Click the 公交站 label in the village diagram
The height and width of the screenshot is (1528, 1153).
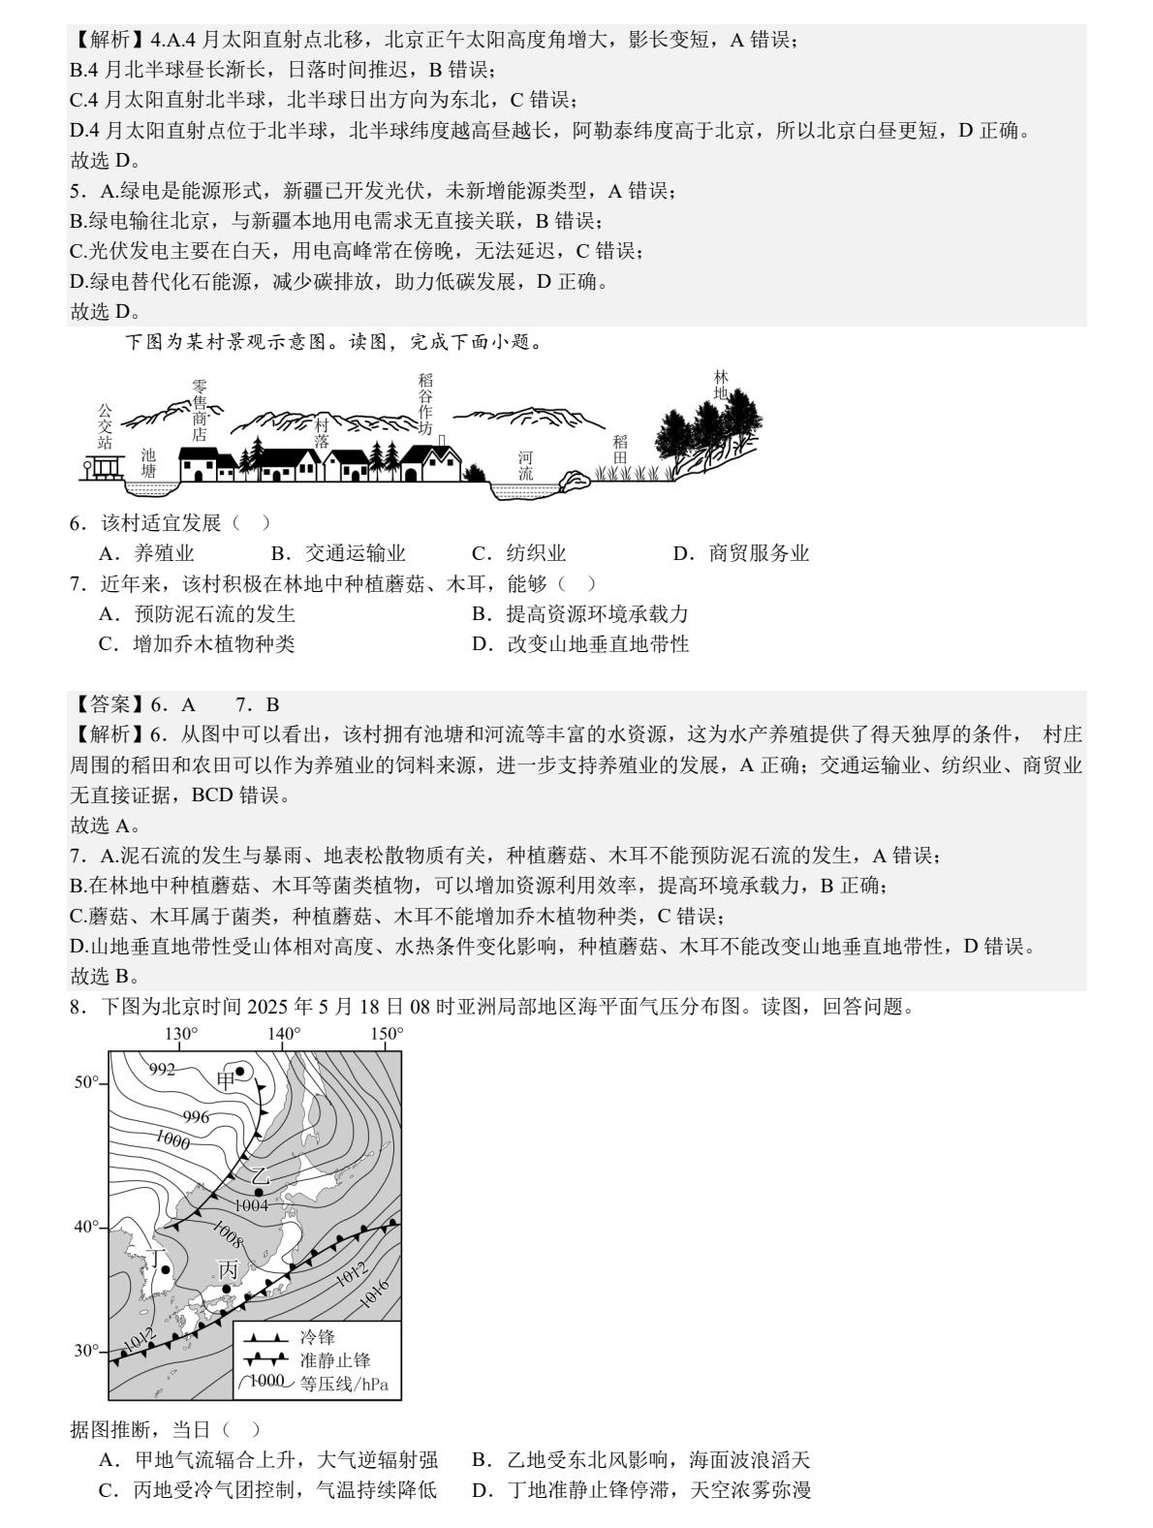(x=105, y=426)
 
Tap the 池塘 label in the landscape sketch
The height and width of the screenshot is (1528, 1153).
(x=148, y=462)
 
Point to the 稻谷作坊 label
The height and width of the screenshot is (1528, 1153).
(x=426, y=404)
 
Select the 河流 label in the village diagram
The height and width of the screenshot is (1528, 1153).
(x=525, y=465)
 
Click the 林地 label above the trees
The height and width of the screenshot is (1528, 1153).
(x=721, y=385)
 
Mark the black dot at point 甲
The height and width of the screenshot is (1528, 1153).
(x=239, y=1070)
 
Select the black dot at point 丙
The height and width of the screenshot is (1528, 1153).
(x=227, y=1289)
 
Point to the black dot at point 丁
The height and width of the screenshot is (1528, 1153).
(x=166, y=1269)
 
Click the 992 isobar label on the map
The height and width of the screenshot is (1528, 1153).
(x=162, y=1070)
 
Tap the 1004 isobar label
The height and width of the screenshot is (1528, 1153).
(x=251, y=1204)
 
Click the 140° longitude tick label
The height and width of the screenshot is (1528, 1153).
(x=284, y=1034)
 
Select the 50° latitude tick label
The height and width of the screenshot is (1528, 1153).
(x=87, y=1082)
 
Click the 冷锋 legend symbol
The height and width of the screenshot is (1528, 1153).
(x=265, y=1337)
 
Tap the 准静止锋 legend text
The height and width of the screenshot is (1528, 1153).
(x=335, y=1360)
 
